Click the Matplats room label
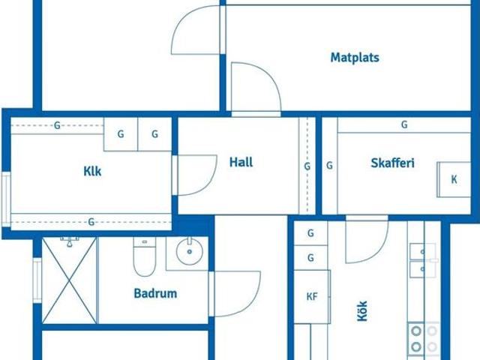pos(355,57)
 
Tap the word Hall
pos(241,162)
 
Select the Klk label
pos(91,171)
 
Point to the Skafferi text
pos(392,163)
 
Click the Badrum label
pos(155,293)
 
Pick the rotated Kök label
pos(363,310)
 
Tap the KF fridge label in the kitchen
pos(312,296)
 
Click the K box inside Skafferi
pos(454,180)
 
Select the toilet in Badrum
pos(143,256)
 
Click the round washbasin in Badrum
pos(189,253)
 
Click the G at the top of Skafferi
pos(404,125)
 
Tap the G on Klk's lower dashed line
pos(91,221)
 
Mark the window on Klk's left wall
pos(6,199)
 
